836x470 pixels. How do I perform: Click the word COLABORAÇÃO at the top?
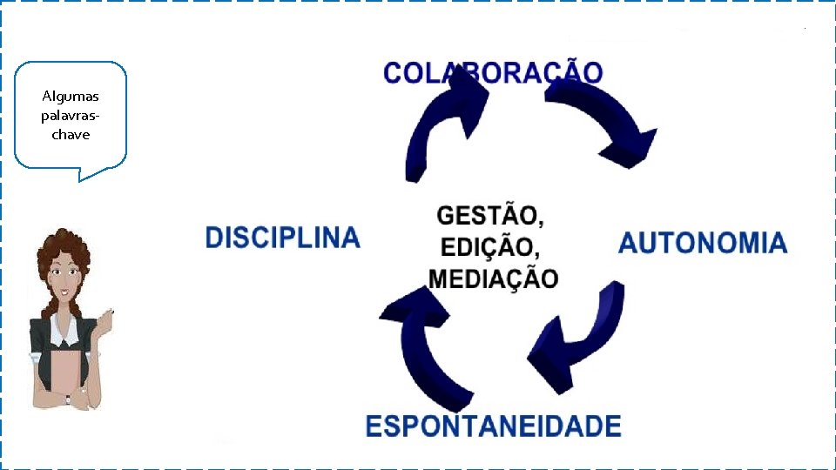click(492, 72)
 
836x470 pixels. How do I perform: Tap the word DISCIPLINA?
click(282, 238)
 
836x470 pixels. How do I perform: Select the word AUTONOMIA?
click(702, 243)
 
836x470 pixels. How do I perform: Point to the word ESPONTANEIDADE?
click(493, 426)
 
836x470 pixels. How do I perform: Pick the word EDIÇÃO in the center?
click(490, 246)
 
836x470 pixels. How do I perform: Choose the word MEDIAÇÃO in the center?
click(494, 279)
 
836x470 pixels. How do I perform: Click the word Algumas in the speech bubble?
click(71, 96)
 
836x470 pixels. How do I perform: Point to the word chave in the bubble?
click(71, 134)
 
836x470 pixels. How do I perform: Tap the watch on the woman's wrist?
click(67, 399)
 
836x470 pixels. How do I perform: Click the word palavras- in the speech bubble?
click(71, 115)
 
